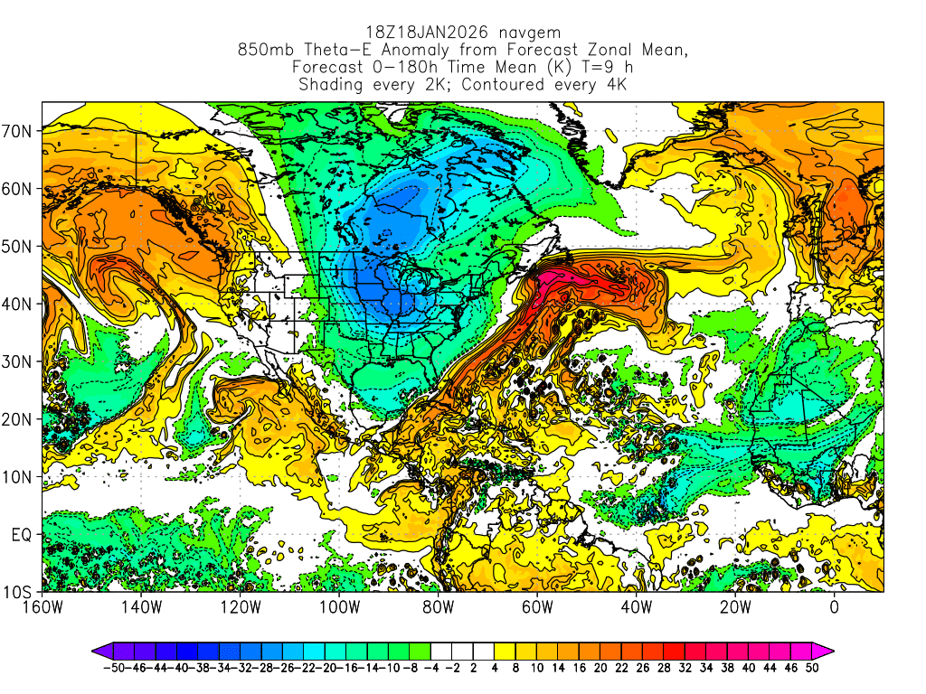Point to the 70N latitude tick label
tap(20, 131)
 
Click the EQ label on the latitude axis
tap(24, 534)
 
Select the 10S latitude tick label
tap(20, 592)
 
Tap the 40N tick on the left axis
tap(20, 304)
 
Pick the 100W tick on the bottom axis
tap(339, 607)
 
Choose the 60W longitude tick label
tap(537, 607)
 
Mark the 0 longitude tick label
tap(834, 607)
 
